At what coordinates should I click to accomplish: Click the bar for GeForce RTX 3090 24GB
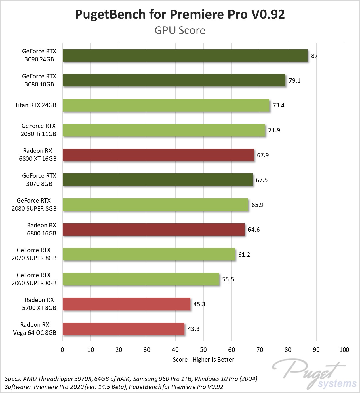(x=185, y=55)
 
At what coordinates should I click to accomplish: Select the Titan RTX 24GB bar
(x=166, y=105)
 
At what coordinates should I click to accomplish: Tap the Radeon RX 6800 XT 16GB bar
(x=158, y=155)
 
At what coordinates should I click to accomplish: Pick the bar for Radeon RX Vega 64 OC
(x=123, y=329)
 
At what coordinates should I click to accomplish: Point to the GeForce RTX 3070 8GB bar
(x=158, y=180)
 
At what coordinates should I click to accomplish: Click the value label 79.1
(x=294, y=80)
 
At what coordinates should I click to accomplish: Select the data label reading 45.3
(x=199, y=304)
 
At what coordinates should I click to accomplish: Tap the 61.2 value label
(x=244, y=254)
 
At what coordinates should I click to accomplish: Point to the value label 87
(x=314, y=56)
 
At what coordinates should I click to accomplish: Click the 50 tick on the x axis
(x=203, y=350)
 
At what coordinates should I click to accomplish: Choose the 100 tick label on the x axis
(x=344, y=350)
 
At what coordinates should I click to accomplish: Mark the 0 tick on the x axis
(x=62, y=350)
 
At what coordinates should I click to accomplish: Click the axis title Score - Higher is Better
(x=203, y=360)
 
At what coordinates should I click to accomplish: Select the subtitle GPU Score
(x=180, y=30)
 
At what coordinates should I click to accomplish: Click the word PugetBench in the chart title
(x=111, y=14)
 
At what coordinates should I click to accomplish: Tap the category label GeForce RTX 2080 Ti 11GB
(x=39, y=130)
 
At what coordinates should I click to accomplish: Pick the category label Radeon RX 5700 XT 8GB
(x=39, y=304)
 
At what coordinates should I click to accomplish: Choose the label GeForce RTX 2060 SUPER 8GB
(x=34, y=279)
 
